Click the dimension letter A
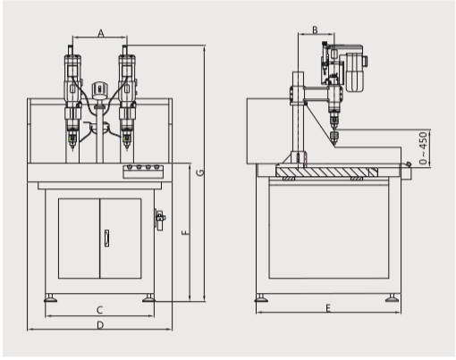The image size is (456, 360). (101, 33)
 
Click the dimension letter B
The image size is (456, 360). (315, 29)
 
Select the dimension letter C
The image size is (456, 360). (100, 310)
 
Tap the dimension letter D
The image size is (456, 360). (100, 325)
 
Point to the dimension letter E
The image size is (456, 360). (328, 308)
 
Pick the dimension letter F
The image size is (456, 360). (185, 232)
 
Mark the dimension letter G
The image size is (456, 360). (201, 172)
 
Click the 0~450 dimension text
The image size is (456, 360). (423, 148)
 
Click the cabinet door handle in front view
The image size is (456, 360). (106, 239)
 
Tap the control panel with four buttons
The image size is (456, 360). (143, 172)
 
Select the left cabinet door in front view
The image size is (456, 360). (79, 239)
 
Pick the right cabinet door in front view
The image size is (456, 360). (121, 239)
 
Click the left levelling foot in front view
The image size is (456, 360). (50, 297)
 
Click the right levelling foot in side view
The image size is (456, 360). (393, 297)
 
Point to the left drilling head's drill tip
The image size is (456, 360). (72, 148)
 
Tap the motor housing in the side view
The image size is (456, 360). (354, 72)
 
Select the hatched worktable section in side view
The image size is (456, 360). (327, 172)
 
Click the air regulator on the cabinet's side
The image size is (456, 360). (160, 219)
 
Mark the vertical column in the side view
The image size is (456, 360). (298, 117)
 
